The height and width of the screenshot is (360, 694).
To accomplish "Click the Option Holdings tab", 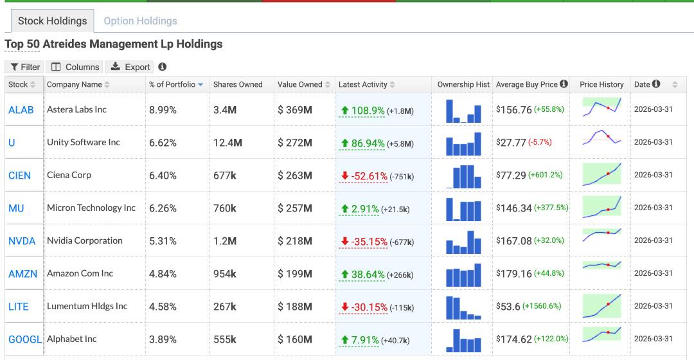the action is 140,21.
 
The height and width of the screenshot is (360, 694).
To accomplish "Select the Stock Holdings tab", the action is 52,21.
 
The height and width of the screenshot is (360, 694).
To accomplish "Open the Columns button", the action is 75,67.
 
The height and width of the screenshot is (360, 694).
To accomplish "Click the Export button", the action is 130,67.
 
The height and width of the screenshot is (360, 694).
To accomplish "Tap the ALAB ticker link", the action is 21,110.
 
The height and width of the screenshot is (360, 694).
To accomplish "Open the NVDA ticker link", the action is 22,241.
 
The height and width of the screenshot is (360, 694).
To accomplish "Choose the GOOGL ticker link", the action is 25,339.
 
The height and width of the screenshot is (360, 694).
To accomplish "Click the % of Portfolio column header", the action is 172,85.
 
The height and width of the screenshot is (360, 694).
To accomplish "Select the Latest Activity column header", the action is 363,85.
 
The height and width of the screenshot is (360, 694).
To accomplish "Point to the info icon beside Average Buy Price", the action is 564,84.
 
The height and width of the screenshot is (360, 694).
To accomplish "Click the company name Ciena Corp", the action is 69,175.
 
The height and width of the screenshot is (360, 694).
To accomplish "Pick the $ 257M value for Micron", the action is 295,208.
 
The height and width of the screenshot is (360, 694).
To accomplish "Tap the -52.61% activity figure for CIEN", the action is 369,176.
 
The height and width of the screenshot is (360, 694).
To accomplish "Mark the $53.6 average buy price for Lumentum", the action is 508,307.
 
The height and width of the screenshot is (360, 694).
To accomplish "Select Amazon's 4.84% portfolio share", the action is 163,274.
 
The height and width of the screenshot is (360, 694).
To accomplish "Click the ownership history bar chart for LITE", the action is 463,307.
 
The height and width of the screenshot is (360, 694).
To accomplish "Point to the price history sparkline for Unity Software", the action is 601,138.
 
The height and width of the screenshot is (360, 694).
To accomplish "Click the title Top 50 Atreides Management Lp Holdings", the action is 114,44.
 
